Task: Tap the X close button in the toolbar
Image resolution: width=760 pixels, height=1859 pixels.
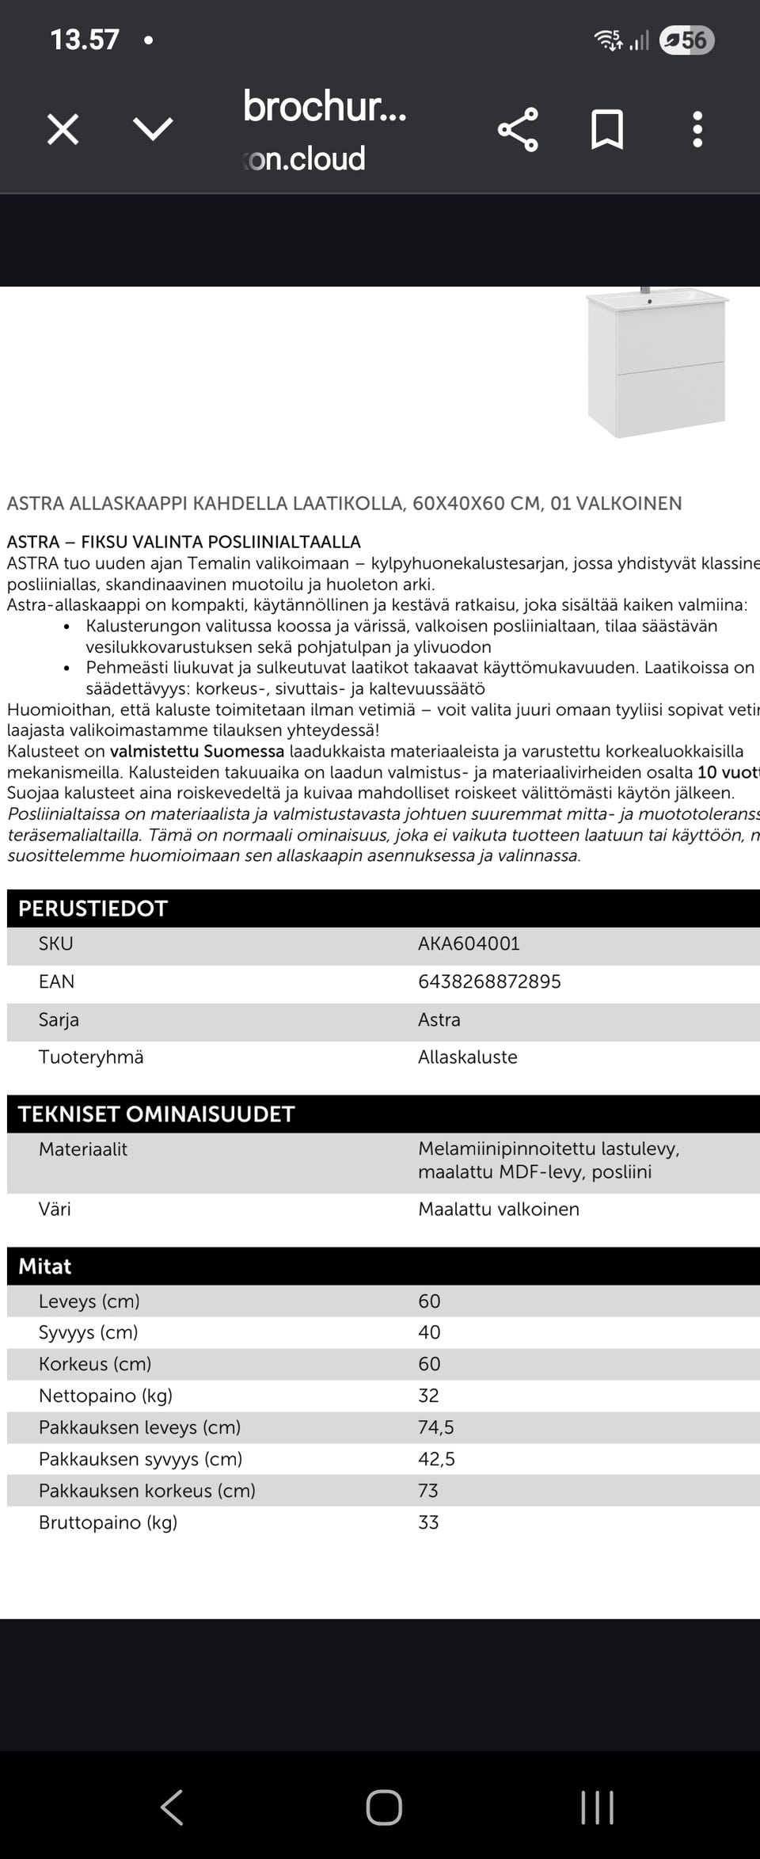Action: (x=63, y=129)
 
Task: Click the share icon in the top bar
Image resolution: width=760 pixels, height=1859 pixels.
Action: (x=518, y=130)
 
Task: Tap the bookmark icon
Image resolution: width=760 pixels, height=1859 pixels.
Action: (x=607, y=130)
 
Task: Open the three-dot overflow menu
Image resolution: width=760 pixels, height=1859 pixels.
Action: (x=697, y=130)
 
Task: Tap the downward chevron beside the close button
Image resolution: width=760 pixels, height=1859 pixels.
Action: (x=153, y=129)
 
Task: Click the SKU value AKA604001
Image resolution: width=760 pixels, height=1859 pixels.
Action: (x=469, y=943)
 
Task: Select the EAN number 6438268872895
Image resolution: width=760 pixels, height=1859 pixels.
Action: (x=489, y=981)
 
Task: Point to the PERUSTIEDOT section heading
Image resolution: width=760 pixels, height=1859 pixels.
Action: (x=93, y=909)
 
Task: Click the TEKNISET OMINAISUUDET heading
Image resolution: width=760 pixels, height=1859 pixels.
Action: (x=156, y=1114)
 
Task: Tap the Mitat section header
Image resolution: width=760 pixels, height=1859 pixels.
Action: (x=44, y=1266)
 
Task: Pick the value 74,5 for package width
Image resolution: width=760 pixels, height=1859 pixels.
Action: (x=436, y=1427)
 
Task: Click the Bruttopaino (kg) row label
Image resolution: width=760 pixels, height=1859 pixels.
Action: (x=108, y=1522)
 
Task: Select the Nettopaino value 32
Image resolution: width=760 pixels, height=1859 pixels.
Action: (x=428, y=1396)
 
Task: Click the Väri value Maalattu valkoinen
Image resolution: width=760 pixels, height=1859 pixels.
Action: (x=499, y=1209)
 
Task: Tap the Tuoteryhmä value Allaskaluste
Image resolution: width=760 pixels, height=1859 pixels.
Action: (x=468, y=1057)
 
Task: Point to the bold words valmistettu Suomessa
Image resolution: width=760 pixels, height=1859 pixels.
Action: (x=197, y=751)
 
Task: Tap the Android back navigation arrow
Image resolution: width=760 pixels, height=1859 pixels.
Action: (x=172, y=1808)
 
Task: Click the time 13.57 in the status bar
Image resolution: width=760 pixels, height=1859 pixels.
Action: (x=85, y=40)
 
